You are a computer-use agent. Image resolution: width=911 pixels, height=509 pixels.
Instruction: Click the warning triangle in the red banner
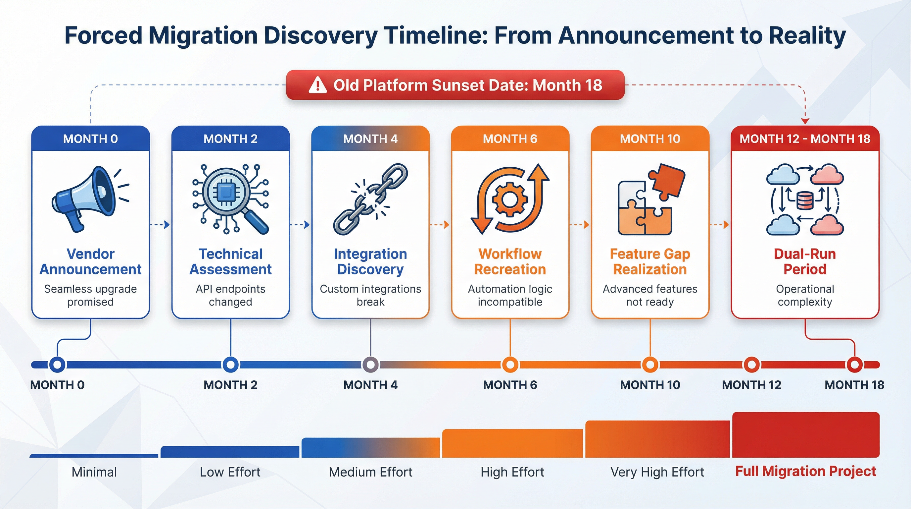coord(317,85)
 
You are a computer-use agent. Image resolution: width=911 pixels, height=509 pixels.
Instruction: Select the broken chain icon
coord(370,199)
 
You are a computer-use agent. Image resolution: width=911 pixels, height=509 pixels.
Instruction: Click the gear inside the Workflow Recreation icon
coord(509,199)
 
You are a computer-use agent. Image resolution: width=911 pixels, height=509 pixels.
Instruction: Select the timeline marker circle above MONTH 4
coord(370,365)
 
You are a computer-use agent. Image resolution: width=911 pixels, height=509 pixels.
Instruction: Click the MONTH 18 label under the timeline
coord(854,385)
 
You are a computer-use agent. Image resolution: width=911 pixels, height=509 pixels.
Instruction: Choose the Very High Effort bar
coord(657,439)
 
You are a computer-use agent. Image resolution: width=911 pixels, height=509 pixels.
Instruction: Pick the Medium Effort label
coord(370,472)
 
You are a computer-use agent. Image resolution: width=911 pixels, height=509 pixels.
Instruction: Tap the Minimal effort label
coord(94,472)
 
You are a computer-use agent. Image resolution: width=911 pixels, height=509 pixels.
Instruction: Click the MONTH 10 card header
coord(650,139)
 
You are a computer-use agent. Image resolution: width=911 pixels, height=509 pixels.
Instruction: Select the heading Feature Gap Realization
coord(650,261)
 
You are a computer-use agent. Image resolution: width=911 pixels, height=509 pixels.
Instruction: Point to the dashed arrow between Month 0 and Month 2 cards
coord(160,225)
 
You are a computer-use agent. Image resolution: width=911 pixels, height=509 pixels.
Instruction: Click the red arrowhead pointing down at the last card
coord(805,121)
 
